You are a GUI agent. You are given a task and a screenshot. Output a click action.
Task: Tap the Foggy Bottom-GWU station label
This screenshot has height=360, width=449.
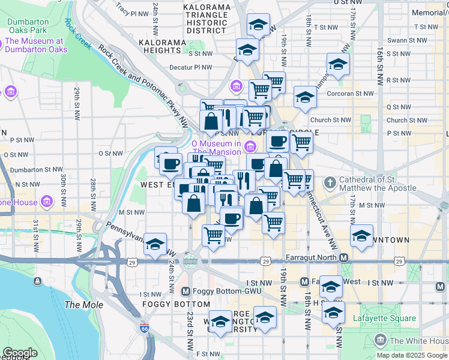pyautogui.click(x=217, y=292)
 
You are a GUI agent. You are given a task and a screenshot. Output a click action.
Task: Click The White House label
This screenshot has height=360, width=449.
pyautogui.click(x=414, y=341)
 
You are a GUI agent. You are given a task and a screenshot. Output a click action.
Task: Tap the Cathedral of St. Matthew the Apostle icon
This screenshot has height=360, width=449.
pyautogui.click(x=329, y=182)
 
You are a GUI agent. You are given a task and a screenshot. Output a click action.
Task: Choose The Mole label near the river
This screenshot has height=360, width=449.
pyautogui.click(x=79, y=305)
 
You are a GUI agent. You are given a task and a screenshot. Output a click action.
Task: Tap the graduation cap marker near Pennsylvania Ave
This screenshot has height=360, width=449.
pyautogui.click(x=155, y=244)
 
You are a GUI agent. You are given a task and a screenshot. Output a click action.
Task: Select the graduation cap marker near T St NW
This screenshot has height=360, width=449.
pyautogui.click(x=259, y=25)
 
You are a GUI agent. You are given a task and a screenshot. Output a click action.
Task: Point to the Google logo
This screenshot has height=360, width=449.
pyautogui.click(x=20, y=353)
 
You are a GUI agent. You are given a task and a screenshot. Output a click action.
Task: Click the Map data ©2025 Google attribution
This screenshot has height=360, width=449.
pyautogui.click(x=412, y=355)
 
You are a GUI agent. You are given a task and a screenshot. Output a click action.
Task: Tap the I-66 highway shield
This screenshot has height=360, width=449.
pyautogui.click(x=144, y=329)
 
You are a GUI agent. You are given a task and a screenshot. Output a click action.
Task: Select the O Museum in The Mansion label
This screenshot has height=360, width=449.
pyautogui.click(x=216, y=148)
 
